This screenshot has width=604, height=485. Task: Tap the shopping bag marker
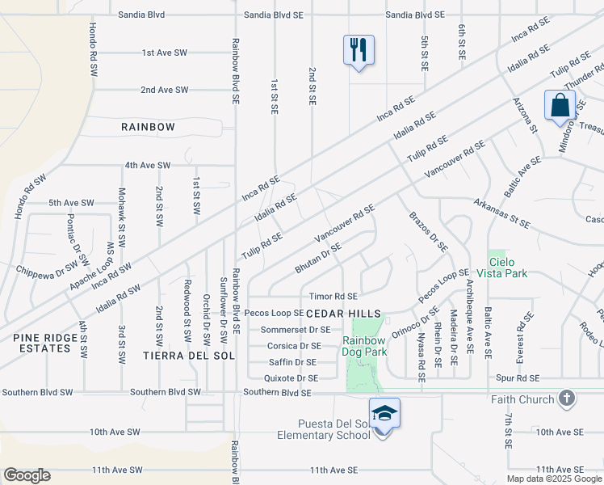(x=560, y=106)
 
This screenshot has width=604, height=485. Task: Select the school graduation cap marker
(x=385, y=414)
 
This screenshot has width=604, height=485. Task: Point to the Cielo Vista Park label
(x=508, y=268)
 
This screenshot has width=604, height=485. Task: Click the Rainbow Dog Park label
(x=364, y=346)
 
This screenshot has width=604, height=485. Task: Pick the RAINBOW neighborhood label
(x=148, y=127)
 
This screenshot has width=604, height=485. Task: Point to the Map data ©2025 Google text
(x=554, y=479)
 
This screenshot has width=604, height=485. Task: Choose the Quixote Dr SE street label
(x=291, y=377)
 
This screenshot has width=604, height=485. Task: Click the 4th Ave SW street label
(x=147, y=165)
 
